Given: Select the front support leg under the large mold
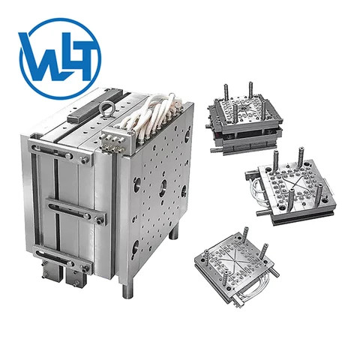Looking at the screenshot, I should pos(124,283).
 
